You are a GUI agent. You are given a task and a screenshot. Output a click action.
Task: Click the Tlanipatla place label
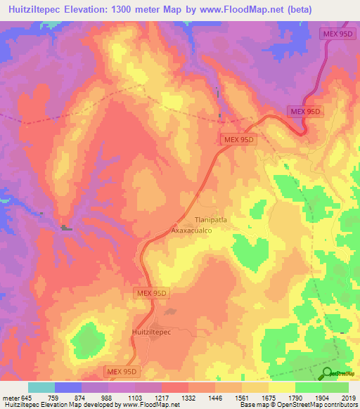coord(211,219)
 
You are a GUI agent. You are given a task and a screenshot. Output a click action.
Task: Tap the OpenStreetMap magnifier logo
coord(328,372)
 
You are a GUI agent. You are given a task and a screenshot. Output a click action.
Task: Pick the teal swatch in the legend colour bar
coord(41,387)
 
